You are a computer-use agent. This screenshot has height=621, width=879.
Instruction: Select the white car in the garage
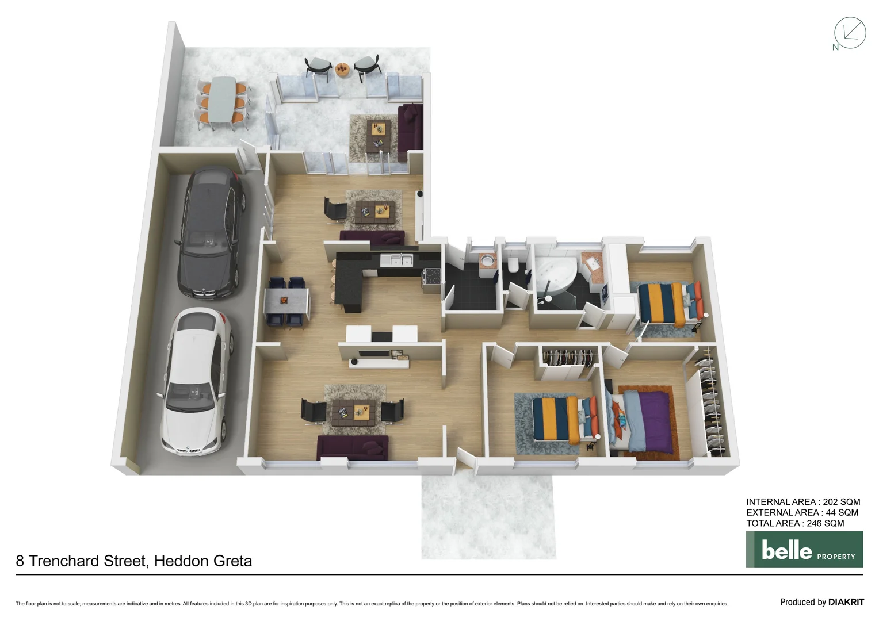click(195, 382)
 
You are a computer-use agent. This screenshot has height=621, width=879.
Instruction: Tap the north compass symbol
click(849, 34)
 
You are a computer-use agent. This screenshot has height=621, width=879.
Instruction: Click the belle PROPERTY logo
click(804, 550)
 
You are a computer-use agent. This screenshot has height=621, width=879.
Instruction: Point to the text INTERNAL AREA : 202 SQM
click(803, 502)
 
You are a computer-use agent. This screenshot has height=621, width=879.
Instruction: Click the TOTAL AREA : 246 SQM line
click(795, 523)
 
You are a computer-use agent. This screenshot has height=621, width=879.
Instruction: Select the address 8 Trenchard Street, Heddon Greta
click(134, 561)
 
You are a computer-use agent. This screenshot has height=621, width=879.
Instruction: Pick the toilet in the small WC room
click(513, 266)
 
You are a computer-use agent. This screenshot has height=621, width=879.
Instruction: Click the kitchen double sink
click(397, 260)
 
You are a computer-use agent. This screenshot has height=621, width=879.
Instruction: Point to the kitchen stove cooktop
click(433, 277)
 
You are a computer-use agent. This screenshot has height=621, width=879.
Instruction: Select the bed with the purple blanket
click(643, 421)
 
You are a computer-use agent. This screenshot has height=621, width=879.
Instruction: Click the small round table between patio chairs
click(342, 69)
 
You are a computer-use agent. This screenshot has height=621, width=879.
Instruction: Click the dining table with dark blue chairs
click(286, 302)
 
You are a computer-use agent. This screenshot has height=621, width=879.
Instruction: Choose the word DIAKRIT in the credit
click(846, 602)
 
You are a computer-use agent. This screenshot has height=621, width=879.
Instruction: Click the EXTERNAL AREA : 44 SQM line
click(802, 512)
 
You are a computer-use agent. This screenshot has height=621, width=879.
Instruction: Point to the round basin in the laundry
click(488, 260)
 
